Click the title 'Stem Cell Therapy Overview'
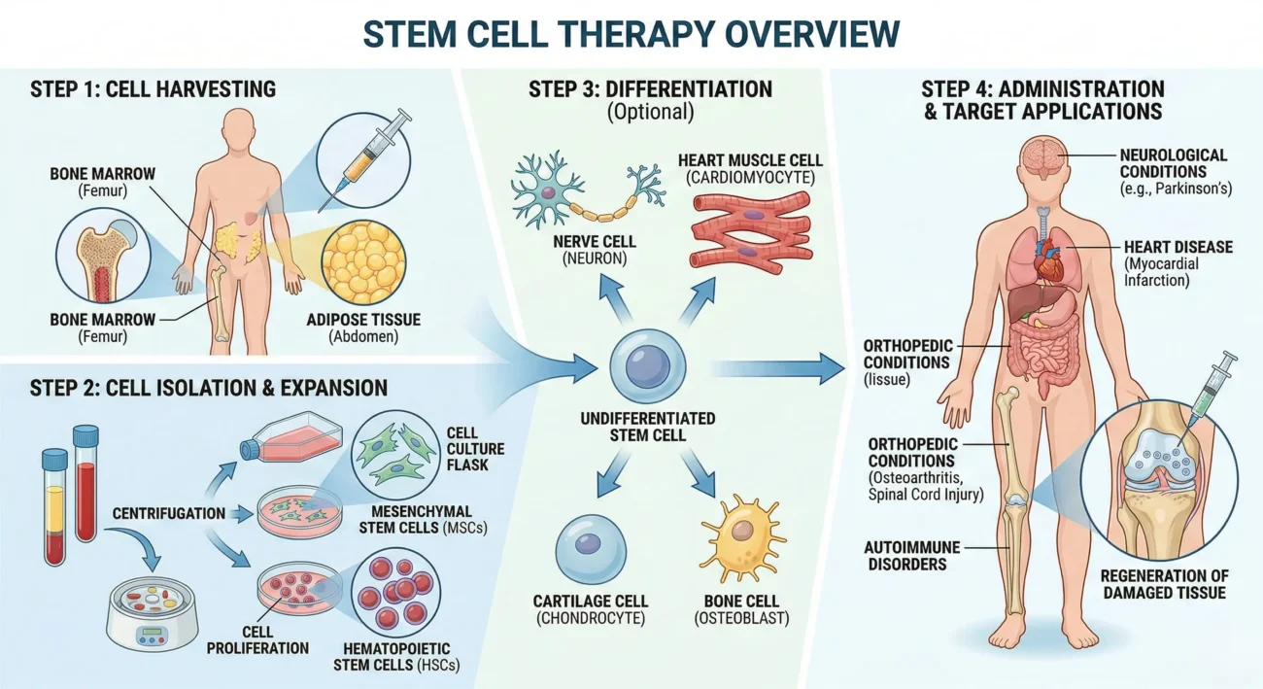coord(631,33)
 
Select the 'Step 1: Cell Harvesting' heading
coord(154,89)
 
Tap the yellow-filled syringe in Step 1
coord(364,161)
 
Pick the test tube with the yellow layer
coord(55,505)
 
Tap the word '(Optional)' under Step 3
coord(650,113)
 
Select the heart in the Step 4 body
coord(1048,259)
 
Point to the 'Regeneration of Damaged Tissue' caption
coord(1163,583)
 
